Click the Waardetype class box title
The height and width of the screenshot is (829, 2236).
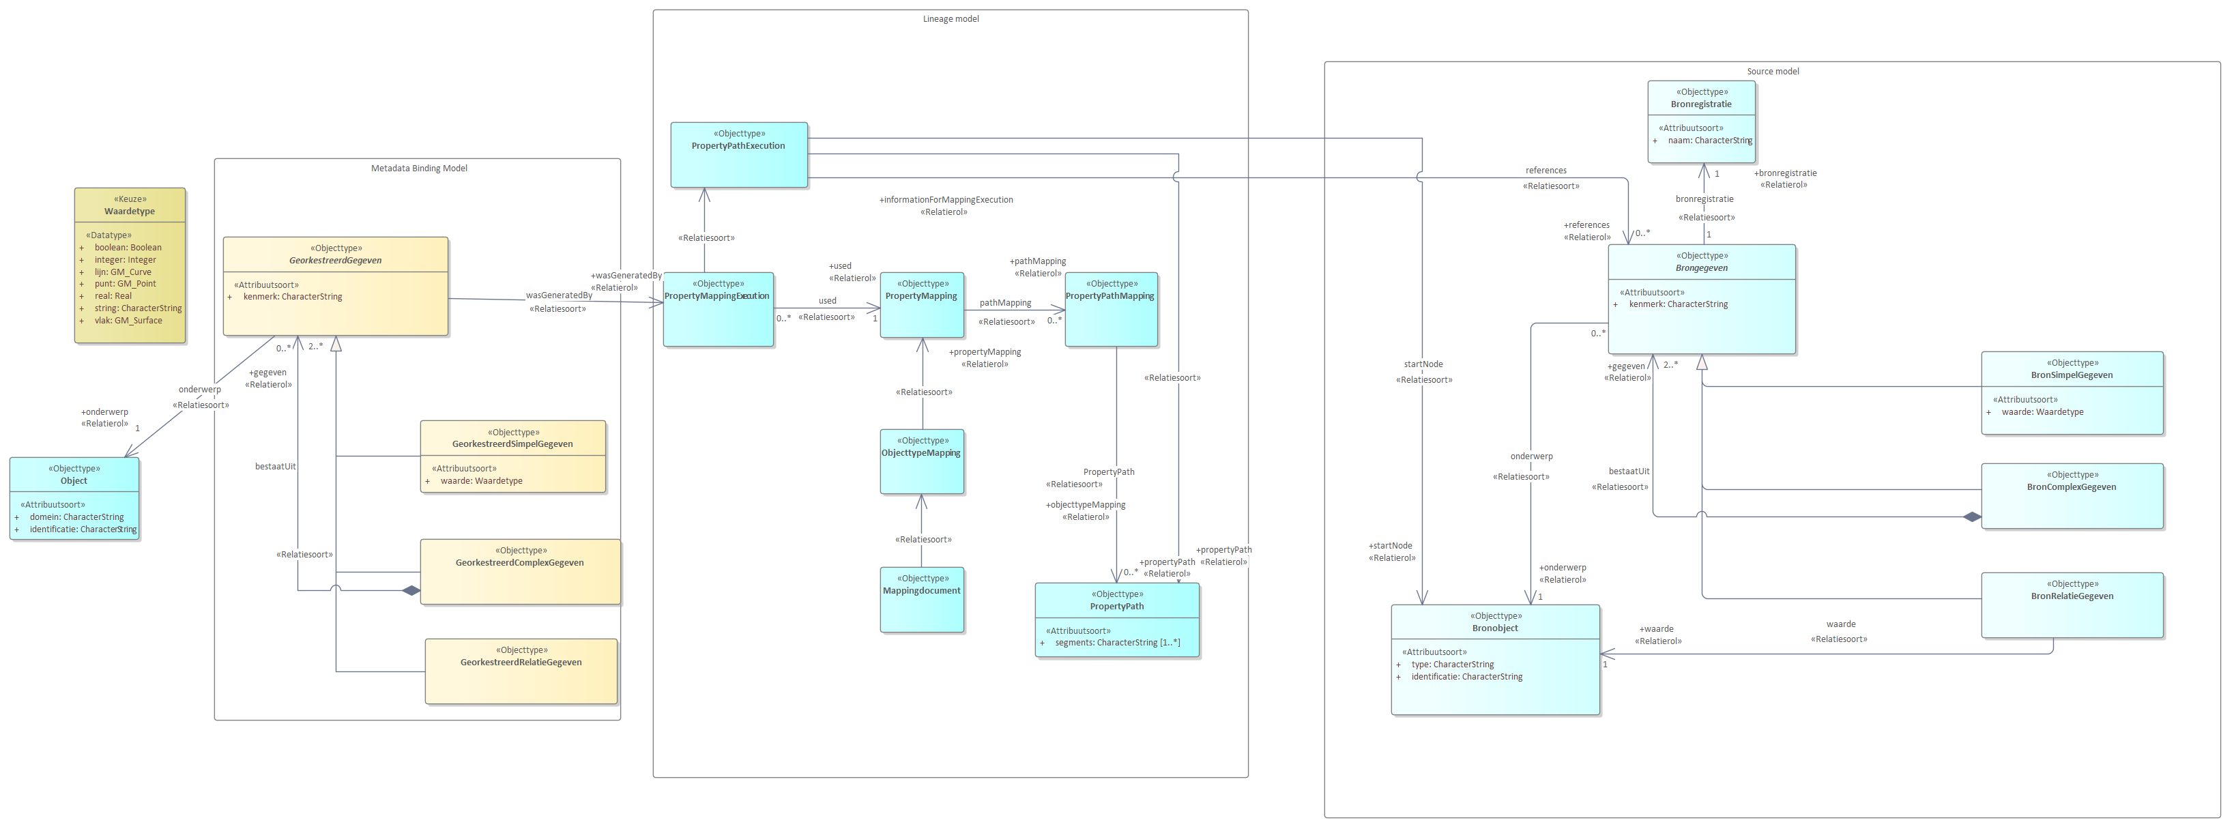point(130,211)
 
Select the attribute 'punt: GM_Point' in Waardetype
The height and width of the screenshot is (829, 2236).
point(125,284)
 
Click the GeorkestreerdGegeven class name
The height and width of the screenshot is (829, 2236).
point(335,261)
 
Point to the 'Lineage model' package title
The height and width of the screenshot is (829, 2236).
point(950,19)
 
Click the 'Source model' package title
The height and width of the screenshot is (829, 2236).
point(1773,71)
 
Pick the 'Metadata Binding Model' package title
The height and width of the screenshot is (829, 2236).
point(418,169)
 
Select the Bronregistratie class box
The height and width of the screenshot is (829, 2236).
point(1701,121)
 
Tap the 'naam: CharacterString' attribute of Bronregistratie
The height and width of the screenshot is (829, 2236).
point(1709,141)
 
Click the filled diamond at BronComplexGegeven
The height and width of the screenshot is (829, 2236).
point(1971,517)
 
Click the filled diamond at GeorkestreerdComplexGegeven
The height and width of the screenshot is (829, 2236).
point(411,591)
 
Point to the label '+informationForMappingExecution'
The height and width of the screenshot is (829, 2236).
point(946,200)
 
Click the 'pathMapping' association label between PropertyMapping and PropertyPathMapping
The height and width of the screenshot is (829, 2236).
point(1005,303)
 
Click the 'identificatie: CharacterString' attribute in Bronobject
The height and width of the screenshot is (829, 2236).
point(1466,677)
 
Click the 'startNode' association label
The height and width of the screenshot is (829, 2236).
point(1423,364)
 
